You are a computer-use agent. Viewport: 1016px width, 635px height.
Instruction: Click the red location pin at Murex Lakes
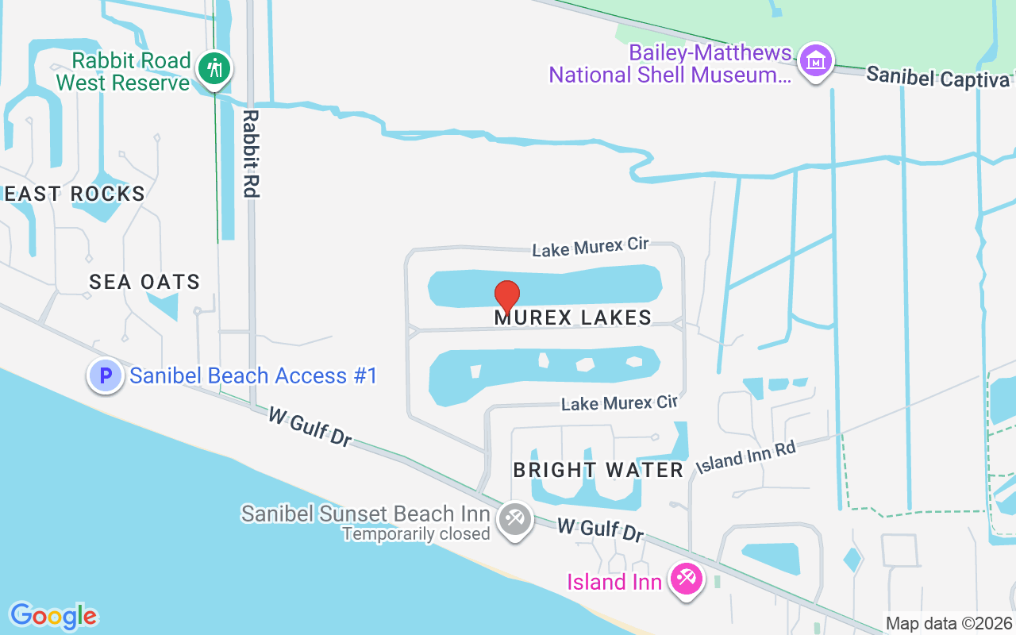(x=507, y=295)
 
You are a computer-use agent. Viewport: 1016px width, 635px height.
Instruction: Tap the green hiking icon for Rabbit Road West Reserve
(x=214, y=67)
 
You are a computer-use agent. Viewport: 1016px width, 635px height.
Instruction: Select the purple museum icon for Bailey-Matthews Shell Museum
(x=815, y=60)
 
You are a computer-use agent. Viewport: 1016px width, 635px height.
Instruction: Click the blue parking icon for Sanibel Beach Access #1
(x=105, y=375)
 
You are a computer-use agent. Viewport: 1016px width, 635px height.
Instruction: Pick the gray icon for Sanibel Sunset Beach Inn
(x=514, y=520)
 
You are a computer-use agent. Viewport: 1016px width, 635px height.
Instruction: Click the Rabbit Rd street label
(x=251, y=153)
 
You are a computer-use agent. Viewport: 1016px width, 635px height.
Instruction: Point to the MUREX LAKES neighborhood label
(x=573, y=317)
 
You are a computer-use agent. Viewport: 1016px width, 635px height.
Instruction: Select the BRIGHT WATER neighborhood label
(x=598, y=470)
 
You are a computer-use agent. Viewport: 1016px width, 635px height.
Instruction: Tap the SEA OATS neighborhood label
(x=144, y=282)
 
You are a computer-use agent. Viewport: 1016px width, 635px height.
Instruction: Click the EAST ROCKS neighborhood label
(x=75, y=194)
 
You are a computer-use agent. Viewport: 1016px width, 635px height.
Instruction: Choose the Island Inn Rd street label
(x=745, y=459)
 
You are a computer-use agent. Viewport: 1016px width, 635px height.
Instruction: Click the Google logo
(x=53, y=616)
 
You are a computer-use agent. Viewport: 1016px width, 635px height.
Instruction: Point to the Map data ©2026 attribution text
(x=949, y=623)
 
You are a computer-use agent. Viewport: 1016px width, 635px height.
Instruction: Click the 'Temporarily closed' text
(x=416, y=533)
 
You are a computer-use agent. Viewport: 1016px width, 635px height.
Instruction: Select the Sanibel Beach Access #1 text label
(x=253, y=375)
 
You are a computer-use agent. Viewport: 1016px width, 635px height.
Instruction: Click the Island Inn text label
(x=614, y=582)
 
